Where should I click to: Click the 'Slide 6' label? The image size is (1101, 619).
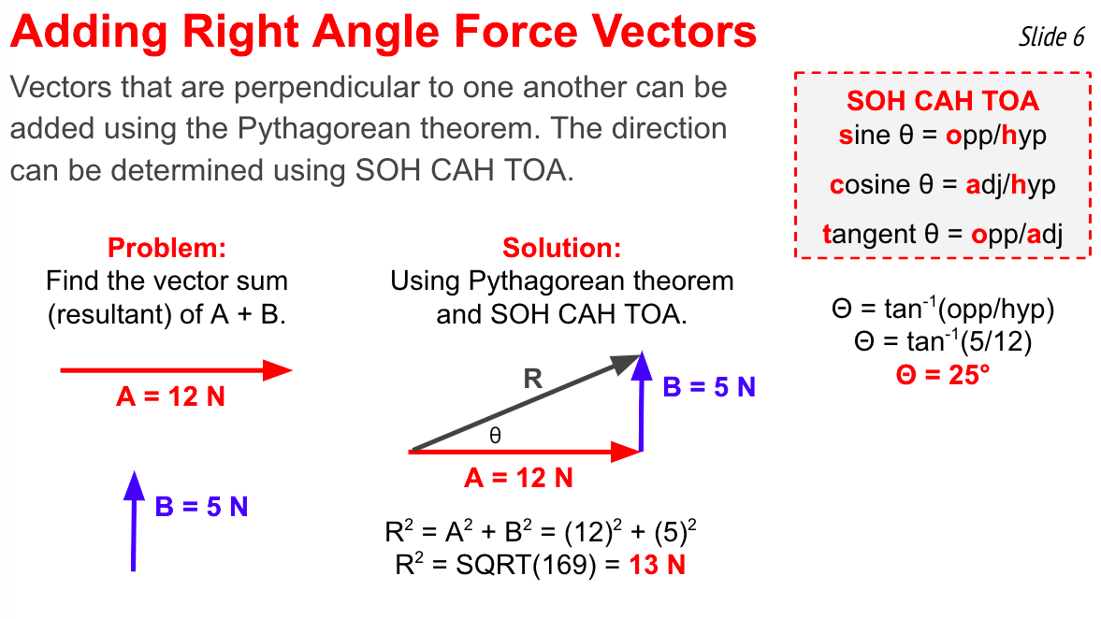click(x=1051, y=36)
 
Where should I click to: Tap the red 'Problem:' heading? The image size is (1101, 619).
click(x=167, y=248)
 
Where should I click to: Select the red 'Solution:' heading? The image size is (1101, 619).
click(x=562, y=248)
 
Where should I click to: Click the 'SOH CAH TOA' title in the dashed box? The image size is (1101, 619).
click(x=942, y=101)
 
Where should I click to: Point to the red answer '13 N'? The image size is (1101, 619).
click(x=658, y=565)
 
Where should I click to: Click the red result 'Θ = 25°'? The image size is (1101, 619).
click(x=942, y=375)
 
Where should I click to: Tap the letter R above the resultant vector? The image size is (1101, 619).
click(x=533, y=379)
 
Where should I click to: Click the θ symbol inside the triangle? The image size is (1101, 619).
click(x=495, y=436)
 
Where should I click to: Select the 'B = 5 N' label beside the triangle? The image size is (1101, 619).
click(x=709, y=387)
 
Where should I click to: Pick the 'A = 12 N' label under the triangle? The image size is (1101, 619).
click(x=519, y=478)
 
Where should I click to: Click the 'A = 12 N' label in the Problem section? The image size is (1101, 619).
click(x=170, y=396)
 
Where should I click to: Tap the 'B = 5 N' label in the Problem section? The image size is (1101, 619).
click(x=201, y=507)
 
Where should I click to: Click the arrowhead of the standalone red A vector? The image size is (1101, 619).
click(x=278, y=370)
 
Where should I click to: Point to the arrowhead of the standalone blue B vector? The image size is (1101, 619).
click(x=134, y=485)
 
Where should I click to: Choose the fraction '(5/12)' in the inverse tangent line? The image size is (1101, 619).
click(x=996, y=342)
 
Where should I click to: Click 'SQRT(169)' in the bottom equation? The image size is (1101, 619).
click(x=526, y=565)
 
